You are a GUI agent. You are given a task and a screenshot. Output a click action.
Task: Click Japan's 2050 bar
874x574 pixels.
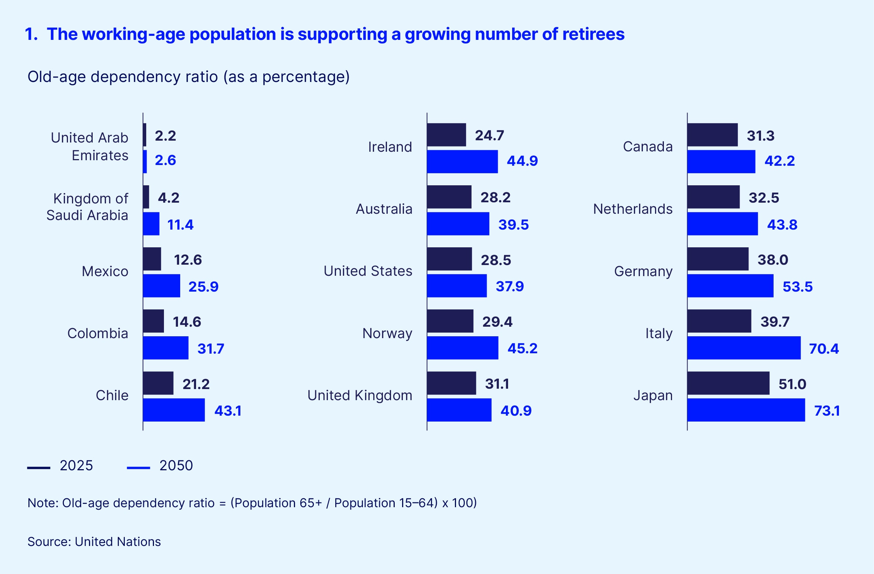(x=746, y=410)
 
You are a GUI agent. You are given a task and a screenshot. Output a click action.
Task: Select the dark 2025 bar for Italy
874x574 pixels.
(x=719, y=321)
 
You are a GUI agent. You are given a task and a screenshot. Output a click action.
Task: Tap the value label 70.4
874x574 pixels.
(x=824, y=348)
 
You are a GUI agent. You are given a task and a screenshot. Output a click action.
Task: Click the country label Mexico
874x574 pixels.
(x=105, y=271)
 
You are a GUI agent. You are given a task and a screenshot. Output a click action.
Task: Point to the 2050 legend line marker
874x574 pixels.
(x=138, y=468)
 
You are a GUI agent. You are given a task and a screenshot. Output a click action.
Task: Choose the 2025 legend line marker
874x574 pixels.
(x=39, y=468)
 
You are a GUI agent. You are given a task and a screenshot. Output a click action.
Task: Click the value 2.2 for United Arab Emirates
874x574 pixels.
(x=165, y=135)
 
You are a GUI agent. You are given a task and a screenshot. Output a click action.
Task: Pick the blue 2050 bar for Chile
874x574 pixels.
(x=174, y=410)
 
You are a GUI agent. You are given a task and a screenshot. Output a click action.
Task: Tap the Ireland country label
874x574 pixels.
(x=390, y=147)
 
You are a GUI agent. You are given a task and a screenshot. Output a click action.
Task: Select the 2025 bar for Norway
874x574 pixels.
(x=450, y=321)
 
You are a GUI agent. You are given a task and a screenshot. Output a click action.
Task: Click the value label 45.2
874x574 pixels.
(x=522, y=348)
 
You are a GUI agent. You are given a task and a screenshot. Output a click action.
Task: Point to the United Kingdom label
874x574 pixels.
(x=360, y=395)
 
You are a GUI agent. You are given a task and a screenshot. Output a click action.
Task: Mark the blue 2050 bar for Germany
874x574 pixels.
(x=730, y=286)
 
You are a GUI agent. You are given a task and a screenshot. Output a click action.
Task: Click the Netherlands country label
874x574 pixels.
(x=633, y=209)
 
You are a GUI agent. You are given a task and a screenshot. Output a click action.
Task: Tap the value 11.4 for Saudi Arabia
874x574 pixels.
(x=180, y=224)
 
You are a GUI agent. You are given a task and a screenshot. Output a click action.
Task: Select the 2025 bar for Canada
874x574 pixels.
(x=712, y=135)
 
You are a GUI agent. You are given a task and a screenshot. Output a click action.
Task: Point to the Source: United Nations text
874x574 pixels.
(x=94, y=542)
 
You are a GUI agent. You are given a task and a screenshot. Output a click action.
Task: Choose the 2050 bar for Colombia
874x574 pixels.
(x=166, y=348)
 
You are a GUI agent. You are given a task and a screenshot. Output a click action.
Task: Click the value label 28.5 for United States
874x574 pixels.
(x=496, y=260)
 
